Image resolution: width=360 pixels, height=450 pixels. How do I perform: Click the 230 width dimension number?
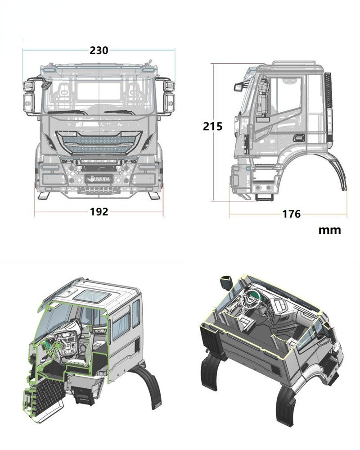(x=99, y=50)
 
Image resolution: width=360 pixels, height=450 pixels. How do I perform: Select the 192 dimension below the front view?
(x=99, y=211)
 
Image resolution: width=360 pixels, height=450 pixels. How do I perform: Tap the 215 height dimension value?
(x=213, y=127)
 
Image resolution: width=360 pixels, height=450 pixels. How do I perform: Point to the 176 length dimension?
(x=291, y=214)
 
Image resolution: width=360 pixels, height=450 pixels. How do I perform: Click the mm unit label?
(x=330, y=230)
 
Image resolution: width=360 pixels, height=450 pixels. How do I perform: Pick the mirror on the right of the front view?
(x=167, y=97)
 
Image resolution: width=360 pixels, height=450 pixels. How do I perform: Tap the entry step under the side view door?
(x=263, y=197)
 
